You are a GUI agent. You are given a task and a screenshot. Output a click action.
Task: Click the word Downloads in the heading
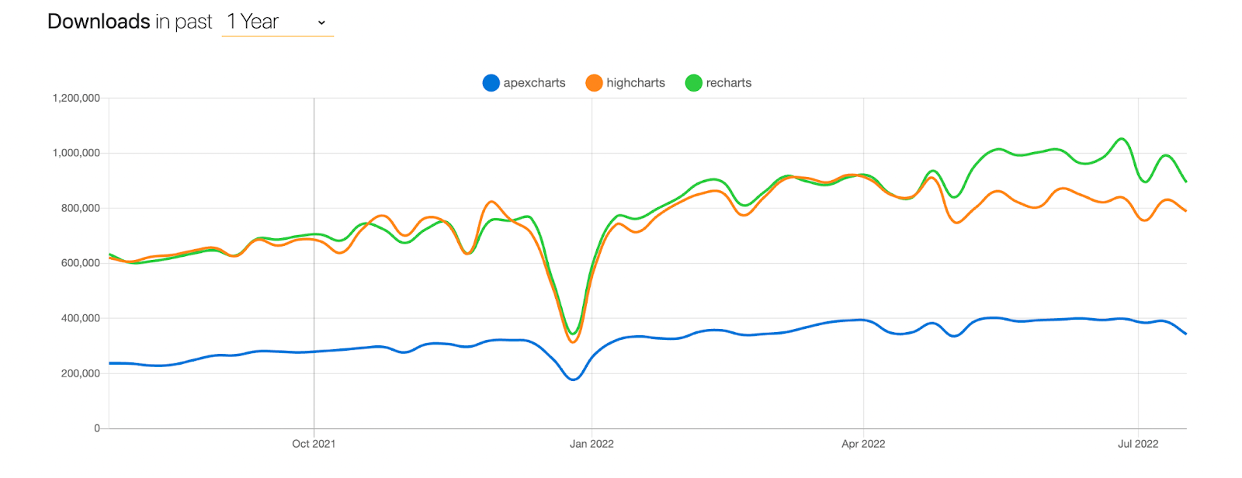(x=99, y=22)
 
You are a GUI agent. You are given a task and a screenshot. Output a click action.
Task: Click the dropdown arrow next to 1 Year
(x=321, y=23)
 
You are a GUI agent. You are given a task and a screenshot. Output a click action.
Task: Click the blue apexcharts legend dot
(x=491, y=83)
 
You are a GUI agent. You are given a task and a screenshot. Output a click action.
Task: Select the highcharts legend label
(x=635, y=83)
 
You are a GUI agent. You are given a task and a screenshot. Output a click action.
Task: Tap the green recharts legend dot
(x=693, y=83)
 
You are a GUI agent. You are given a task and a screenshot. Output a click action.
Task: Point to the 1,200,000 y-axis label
(x=76, y=98)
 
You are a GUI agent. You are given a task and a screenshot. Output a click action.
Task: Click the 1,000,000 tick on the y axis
(x=76, y=153)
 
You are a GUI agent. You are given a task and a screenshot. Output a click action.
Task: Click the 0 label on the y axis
(x=97, y=428)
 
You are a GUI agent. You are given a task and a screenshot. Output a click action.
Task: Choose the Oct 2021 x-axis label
(x=314, y=444)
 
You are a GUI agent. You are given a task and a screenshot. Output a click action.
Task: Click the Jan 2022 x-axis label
(x=592, y=444)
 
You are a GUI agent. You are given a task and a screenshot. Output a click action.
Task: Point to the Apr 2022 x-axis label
(x=863, y=444)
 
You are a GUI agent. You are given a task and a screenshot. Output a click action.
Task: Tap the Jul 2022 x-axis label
(x=1138, y=444)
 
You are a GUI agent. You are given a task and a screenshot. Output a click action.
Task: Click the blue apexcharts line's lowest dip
(x=573, y=379)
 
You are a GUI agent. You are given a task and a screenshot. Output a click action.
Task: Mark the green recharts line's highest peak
(x=1121, y=139)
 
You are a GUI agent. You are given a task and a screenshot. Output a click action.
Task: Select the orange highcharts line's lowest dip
(x=573, y=342)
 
